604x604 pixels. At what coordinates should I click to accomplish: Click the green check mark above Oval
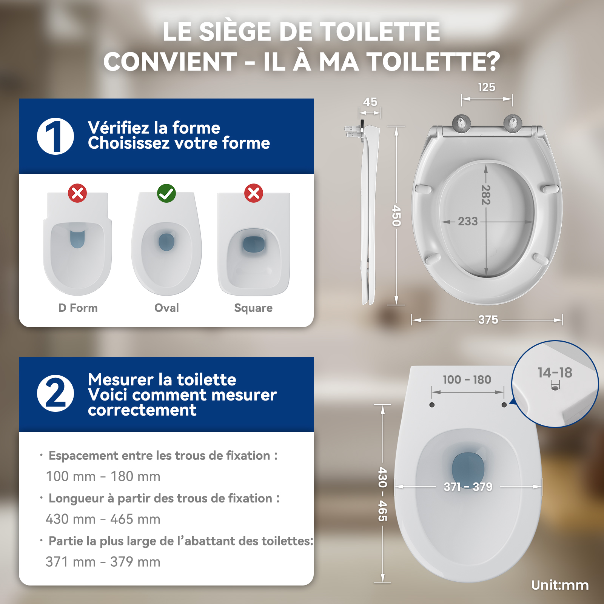(166, 193)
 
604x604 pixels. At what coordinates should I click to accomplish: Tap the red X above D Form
(77, 193)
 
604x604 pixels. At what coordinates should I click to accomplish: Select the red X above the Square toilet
(254, 193)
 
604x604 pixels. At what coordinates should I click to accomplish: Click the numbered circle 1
(55, 136)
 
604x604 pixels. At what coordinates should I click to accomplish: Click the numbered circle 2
(55, 393)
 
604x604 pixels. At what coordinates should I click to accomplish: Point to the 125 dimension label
(487, 87)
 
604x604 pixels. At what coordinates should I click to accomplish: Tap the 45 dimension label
(370, 102)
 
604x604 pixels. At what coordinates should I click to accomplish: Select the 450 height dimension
(396, 216)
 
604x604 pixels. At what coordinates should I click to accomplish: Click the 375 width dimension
(488, 320)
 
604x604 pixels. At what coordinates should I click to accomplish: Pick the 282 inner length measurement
(486, 195)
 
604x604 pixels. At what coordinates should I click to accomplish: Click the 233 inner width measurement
(468, 221)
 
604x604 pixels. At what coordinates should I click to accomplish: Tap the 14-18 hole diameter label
(555, 373)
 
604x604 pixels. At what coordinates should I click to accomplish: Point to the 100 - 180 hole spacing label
(467, 379)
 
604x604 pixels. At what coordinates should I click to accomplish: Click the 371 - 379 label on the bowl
(468, 487)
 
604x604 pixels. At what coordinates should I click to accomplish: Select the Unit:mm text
(560, 585)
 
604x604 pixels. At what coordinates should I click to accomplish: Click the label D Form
(78, 308)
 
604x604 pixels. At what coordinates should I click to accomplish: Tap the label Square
(253, 308)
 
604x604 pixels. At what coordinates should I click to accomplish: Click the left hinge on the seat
(461, 123)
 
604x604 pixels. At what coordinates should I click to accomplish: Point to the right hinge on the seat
(513, 123)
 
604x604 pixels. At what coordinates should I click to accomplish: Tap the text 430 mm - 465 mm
(103, 519)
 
